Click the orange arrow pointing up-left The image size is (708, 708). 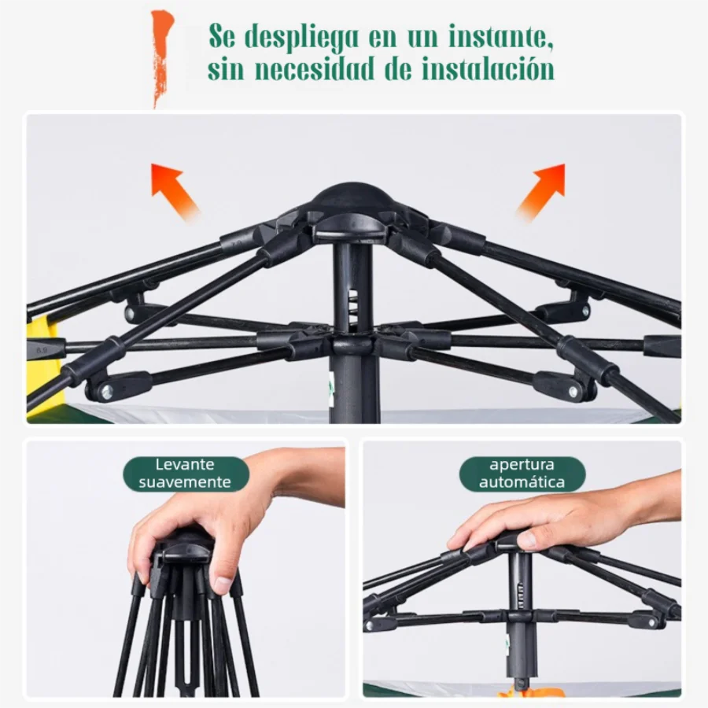174,189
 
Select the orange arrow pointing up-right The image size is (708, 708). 543,189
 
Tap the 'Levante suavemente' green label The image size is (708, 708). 186,474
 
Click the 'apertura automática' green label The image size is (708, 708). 522,474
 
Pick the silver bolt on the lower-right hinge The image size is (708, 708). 575,389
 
